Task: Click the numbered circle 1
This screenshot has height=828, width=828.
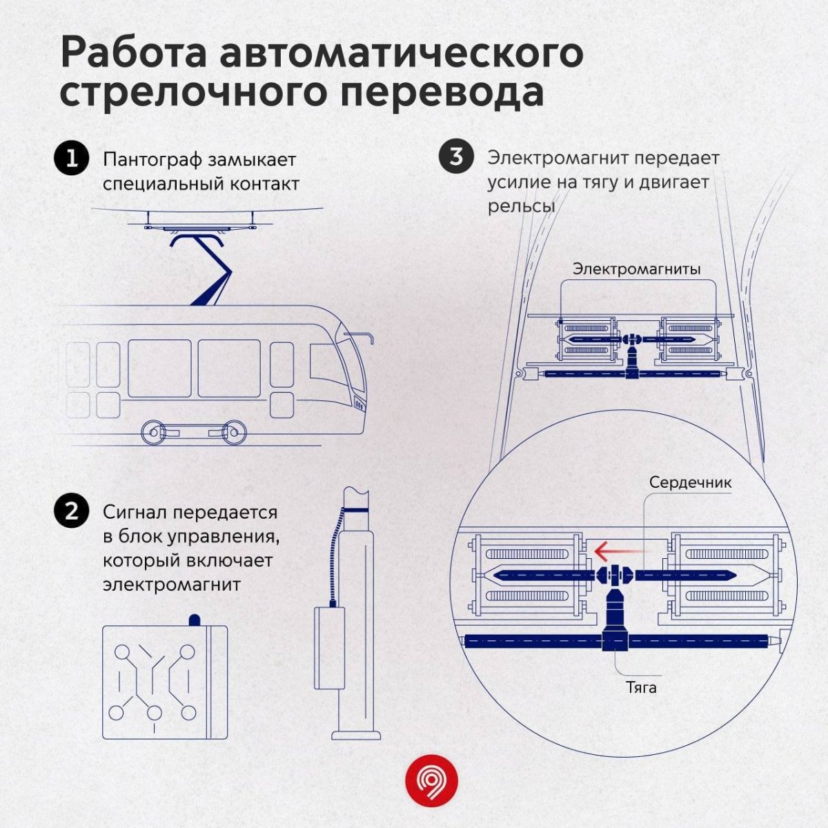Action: [x=71, y=159]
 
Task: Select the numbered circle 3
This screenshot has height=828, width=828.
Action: [x=456, y=157]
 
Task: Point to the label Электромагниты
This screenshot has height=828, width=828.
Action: [x=636, y=268]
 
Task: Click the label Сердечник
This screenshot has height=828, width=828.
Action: [x=690, y=482]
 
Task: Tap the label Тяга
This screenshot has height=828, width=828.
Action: [x=641, y=687]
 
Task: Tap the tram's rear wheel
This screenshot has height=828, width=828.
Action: [x=152, y=433]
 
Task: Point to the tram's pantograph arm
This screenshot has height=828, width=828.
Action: [x=210, y=269]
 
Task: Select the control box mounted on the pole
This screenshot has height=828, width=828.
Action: [x=330, y=647]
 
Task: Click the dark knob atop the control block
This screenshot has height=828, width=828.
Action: [x=195, y=620]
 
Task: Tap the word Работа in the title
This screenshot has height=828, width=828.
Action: [x=132, y=54]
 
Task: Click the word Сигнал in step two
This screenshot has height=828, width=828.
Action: [x=135, y=513]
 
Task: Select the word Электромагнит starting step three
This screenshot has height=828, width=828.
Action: [x=559, y=158]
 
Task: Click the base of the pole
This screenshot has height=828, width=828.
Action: [x=356, y=733]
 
